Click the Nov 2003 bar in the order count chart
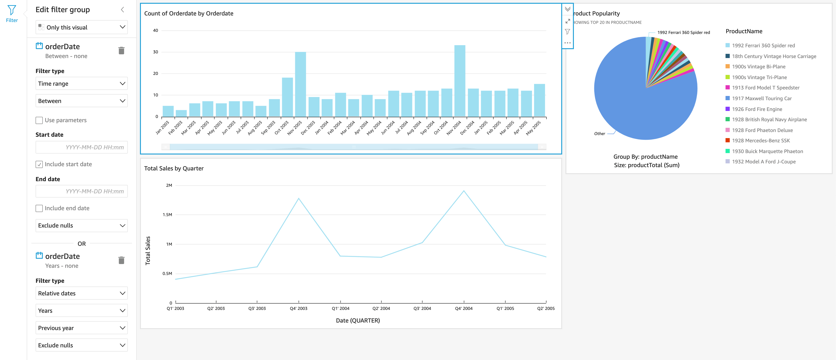300,84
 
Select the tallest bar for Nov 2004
459,81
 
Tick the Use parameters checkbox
39,121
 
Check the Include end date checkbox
39,208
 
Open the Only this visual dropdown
81,27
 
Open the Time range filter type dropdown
81,84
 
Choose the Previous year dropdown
81,328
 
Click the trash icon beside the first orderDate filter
121,51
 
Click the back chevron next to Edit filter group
122,10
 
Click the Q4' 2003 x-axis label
298,308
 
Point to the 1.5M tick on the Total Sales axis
168,215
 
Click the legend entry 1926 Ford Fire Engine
757,109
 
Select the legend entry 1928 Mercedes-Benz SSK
761,140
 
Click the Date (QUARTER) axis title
358,320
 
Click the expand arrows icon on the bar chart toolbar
567,21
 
